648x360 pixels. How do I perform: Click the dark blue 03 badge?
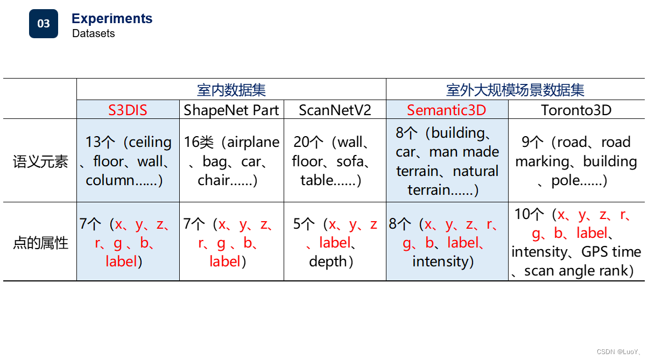tap(44, 24)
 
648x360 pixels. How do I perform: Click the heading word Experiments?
tap(112, 19)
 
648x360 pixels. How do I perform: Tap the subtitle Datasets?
tap(94, 33)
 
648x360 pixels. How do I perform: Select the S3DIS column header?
tap(128, 110)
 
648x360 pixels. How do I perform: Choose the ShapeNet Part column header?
tap(231, 110)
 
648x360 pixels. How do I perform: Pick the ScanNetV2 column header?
tap(335, 110)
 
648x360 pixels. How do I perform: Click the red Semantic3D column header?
tap(446, 110)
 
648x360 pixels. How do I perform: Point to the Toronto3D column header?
tap(576, 110)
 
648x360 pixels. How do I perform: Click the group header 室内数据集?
tap(231, 90)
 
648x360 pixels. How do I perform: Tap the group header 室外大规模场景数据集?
tap(515, 90)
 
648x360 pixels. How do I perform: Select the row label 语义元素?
tap(40, 161)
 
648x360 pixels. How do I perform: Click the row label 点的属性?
tap(40, 243)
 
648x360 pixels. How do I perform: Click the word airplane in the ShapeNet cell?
tap(253, 142)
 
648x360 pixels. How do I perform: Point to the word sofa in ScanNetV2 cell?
tap(350, 161)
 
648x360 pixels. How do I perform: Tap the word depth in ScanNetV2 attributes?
tap(328, 262)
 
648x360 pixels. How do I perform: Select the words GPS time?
tap(611, 252)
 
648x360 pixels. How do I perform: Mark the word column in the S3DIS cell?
tap(110, 180)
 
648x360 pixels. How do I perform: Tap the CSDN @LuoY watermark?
tap(618, 351)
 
